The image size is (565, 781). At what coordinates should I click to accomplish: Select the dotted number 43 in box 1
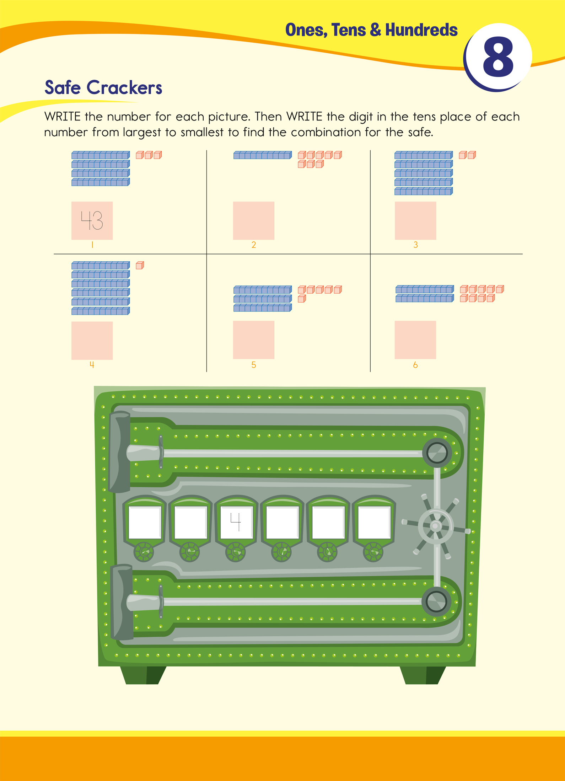(x=92, y=220)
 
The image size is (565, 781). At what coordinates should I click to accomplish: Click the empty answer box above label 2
(x=254, y=220)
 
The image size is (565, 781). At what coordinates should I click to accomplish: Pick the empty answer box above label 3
(x=415, y=220)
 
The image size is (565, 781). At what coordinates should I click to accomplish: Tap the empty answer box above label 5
(x=254, y=340)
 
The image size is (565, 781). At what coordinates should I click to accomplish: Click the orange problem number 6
(x=415, y=365)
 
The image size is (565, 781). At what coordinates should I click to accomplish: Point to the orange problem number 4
(x=92, y=365)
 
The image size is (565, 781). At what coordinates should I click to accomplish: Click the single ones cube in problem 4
(x=140, y=265)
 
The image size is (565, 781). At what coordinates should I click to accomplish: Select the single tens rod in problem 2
(x=263, y=155)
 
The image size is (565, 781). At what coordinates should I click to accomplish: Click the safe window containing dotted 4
(x=236, y=522)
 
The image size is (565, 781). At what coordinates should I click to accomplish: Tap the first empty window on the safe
(x=145, y=522)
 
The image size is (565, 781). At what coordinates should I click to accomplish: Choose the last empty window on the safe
(x=374, y=522)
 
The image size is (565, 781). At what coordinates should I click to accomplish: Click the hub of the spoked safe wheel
(x=436, y=526)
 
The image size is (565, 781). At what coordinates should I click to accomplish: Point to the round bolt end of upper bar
(x=437, y=453)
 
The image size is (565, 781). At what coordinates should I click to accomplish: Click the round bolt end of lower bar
(x=436, y=601)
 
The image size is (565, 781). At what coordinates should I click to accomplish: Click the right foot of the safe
(x=423, y=674)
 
